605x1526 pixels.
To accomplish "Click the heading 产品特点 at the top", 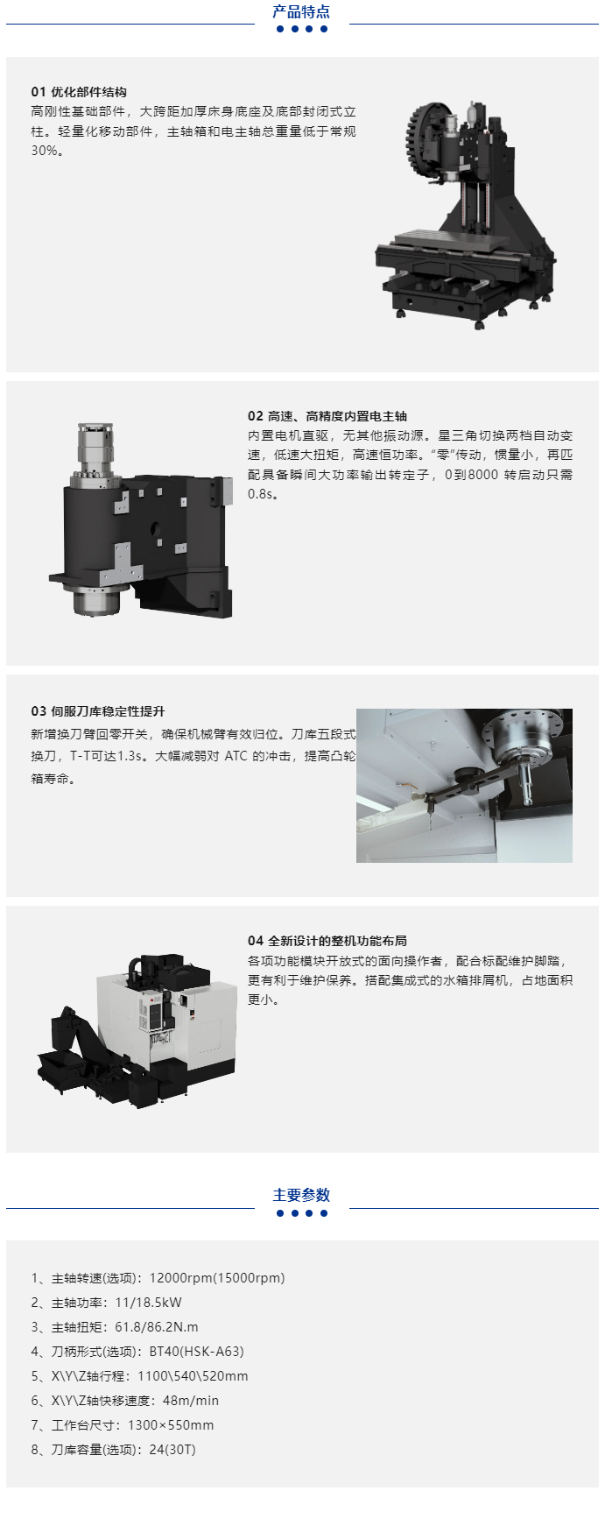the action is (301, 11).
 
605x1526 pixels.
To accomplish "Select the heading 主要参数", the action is (301, 1195).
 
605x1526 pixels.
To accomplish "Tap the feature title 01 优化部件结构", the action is (79, 92).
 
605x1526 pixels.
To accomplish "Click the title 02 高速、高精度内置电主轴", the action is (327, 416).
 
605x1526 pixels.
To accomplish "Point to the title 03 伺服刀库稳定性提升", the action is (98, 711).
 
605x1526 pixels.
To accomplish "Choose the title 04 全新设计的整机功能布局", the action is (327, 941).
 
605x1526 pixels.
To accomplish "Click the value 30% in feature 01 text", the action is (45, 151).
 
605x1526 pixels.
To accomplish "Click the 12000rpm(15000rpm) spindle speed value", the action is (217, 1278).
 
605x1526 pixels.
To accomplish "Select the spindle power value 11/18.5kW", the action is (149, 1303).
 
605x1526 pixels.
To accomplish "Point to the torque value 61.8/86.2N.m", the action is (157, 1327).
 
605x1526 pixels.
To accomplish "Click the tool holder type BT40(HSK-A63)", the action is (197, 1352).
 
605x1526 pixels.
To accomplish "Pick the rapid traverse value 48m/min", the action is (191, 1401).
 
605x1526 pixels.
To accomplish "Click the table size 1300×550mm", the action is (171, 1425).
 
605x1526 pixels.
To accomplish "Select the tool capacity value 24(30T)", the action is (172, 1450).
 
